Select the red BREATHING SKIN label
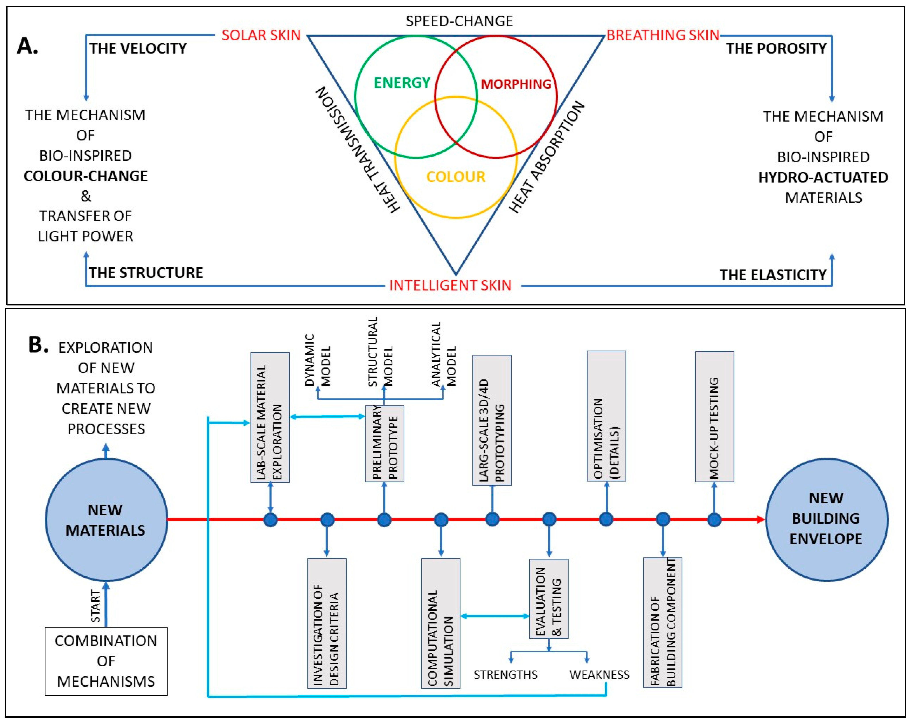663,35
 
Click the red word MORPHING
516,84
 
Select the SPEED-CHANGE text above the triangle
459,21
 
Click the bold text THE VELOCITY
138,49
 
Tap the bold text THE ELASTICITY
773,275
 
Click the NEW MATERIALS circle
106,520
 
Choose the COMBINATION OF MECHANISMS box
106,661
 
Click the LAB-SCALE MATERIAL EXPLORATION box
270,418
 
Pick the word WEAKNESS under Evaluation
599,675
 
